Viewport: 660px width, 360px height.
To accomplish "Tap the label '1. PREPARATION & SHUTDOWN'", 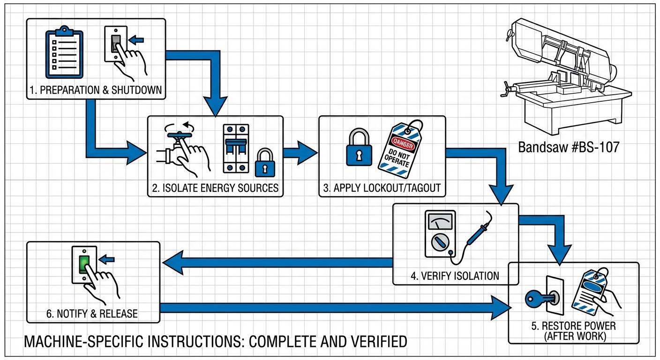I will [x=95, y=90].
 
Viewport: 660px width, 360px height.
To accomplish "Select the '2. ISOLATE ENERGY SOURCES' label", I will [x=215, y=188].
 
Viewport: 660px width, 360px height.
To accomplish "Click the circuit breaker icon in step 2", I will [x=235, y=148].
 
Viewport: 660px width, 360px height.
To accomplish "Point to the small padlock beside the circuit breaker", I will [x=264, y=163].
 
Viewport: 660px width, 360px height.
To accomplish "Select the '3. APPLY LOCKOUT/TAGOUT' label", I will [x=382, y=188].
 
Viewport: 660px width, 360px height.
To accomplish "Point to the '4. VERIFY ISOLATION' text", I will [x=455, y=276].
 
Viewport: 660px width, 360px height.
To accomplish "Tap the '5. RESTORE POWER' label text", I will [x=573, y=326].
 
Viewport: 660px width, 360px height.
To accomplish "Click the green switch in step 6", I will [x=84, y=264].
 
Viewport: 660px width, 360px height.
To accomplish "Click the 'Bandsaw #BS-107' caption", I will [x=569, y=147].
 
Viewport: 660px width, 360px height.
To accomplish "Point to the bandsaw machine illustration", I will [x=565, y=77].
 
